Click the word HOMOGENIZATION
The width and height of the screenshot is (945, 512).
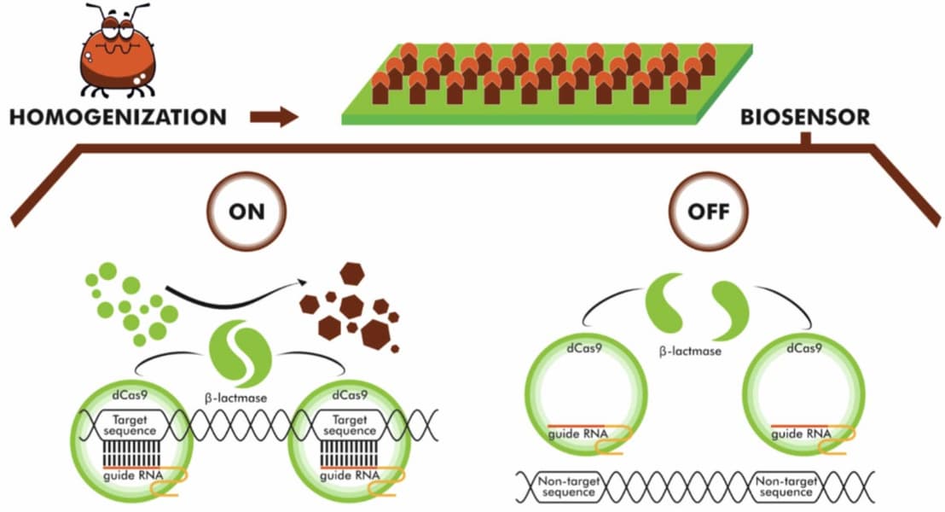coord(119,116)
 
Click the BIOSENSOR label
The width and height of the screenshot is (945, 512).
coord(805,117)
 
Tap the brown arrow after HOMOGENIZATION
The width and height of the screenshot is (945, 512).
coord(274,117)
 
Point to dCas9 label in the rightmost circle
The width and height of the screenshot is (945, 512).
coord(803,348)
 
